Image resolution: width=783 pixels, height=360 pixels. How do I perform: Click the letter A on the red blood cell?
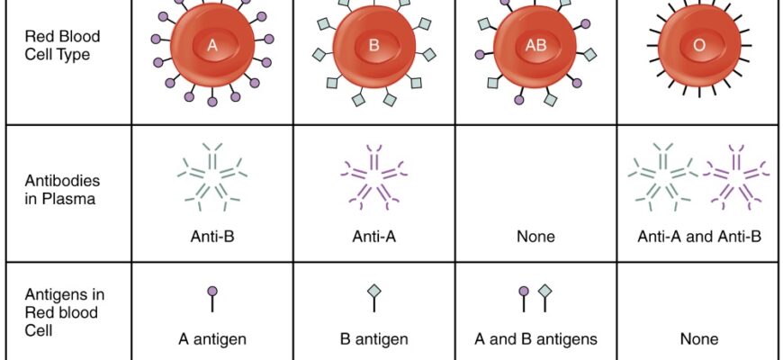pos(212,46)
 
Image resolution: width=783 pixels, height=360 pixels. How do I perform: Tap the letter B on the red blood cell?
pos(373,46)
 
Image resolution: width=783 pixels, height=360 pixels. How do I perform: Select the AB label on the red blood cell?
pos(535,46)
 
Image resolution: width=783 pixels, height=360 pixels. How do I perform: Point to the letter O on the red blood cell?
pos(699,46)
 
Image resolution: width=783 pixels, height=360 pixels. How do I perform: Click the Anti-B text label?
pos(212,238)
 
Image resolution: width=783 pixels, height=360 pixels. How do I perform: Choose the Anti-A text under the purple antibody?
pos(374,238)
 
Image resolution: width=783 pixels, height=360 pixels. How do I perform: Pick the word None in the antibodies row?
pos(535,238)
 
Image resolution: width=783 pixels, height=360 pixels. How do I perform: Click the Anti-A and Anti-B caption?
pos(699,238)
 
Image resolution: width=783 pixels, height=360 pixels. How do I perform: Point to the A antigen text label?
pos(212,339)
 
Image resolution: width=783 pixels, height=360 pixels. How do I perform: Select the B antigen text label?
pos(374,339)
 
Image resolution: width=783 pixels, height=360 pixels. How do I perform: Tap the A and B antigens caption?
pos(535,339)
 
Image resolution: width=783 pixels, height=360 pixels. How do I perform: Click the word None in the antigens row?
pos(699,339)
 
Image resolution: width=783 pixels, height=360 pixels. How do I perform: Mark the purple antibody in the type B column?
pos(373,172)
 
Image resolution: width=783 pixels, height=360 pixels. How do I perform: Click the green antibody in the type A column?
pos(212,172)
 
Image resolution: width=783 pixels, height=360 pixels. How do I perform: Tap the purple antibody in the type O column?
pos(736,172)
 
